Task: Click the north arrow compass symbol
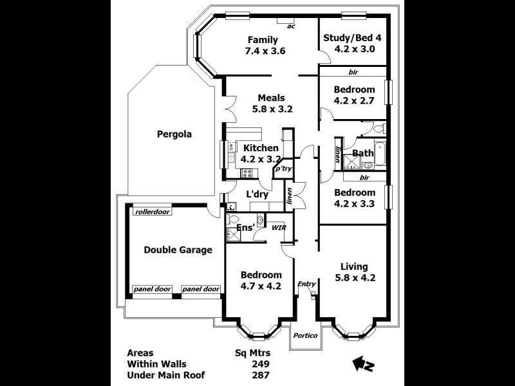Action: [x=363, y=364]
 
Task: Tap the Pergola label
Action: [x=174, y=134]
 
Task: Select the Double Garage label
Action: [x=178, y=250]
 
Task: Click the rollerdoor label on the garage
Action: [x=153, y=212]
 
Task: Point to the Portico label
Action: [x=305, y=335]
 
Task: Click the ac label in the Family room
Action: [x=291, y=26]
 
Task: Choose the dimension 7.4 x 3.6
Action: [x=265, y=51]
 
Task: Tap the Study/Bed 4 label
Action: [x=352, y=38]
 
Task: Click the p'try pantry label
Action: [x=283, y=169]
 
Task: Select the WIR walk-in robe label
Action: [x=279, y=228]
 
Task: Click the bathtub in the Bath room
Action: [x=380, y=153]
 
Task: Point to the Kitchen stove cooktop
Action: [x=247, y=173]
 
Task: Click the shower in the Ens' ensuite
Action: [x=232, y=235]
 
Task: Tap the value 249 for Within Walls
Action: [x=261, y=364]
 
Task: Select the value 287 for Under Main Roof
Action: [x=261, y=375]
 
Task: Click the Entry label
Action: [x=307, y=284]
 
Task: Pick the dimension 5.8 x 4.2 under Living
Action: [x=355, y=278]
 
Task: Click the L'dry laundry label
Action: [x=257, y=194]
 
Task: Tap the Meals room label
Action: [x=271, y=98]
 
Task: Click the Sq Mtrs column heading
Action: [x=253, y=353]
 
